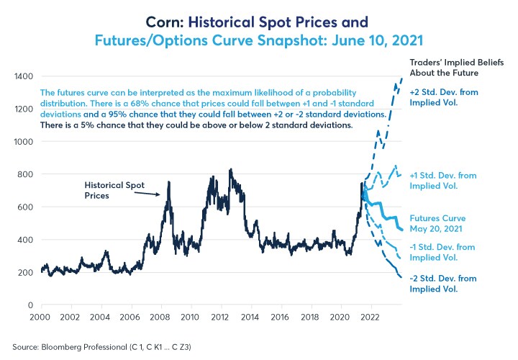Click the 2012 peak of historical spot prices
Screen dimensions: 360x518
pyautogui.click(x=230, y=171)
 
